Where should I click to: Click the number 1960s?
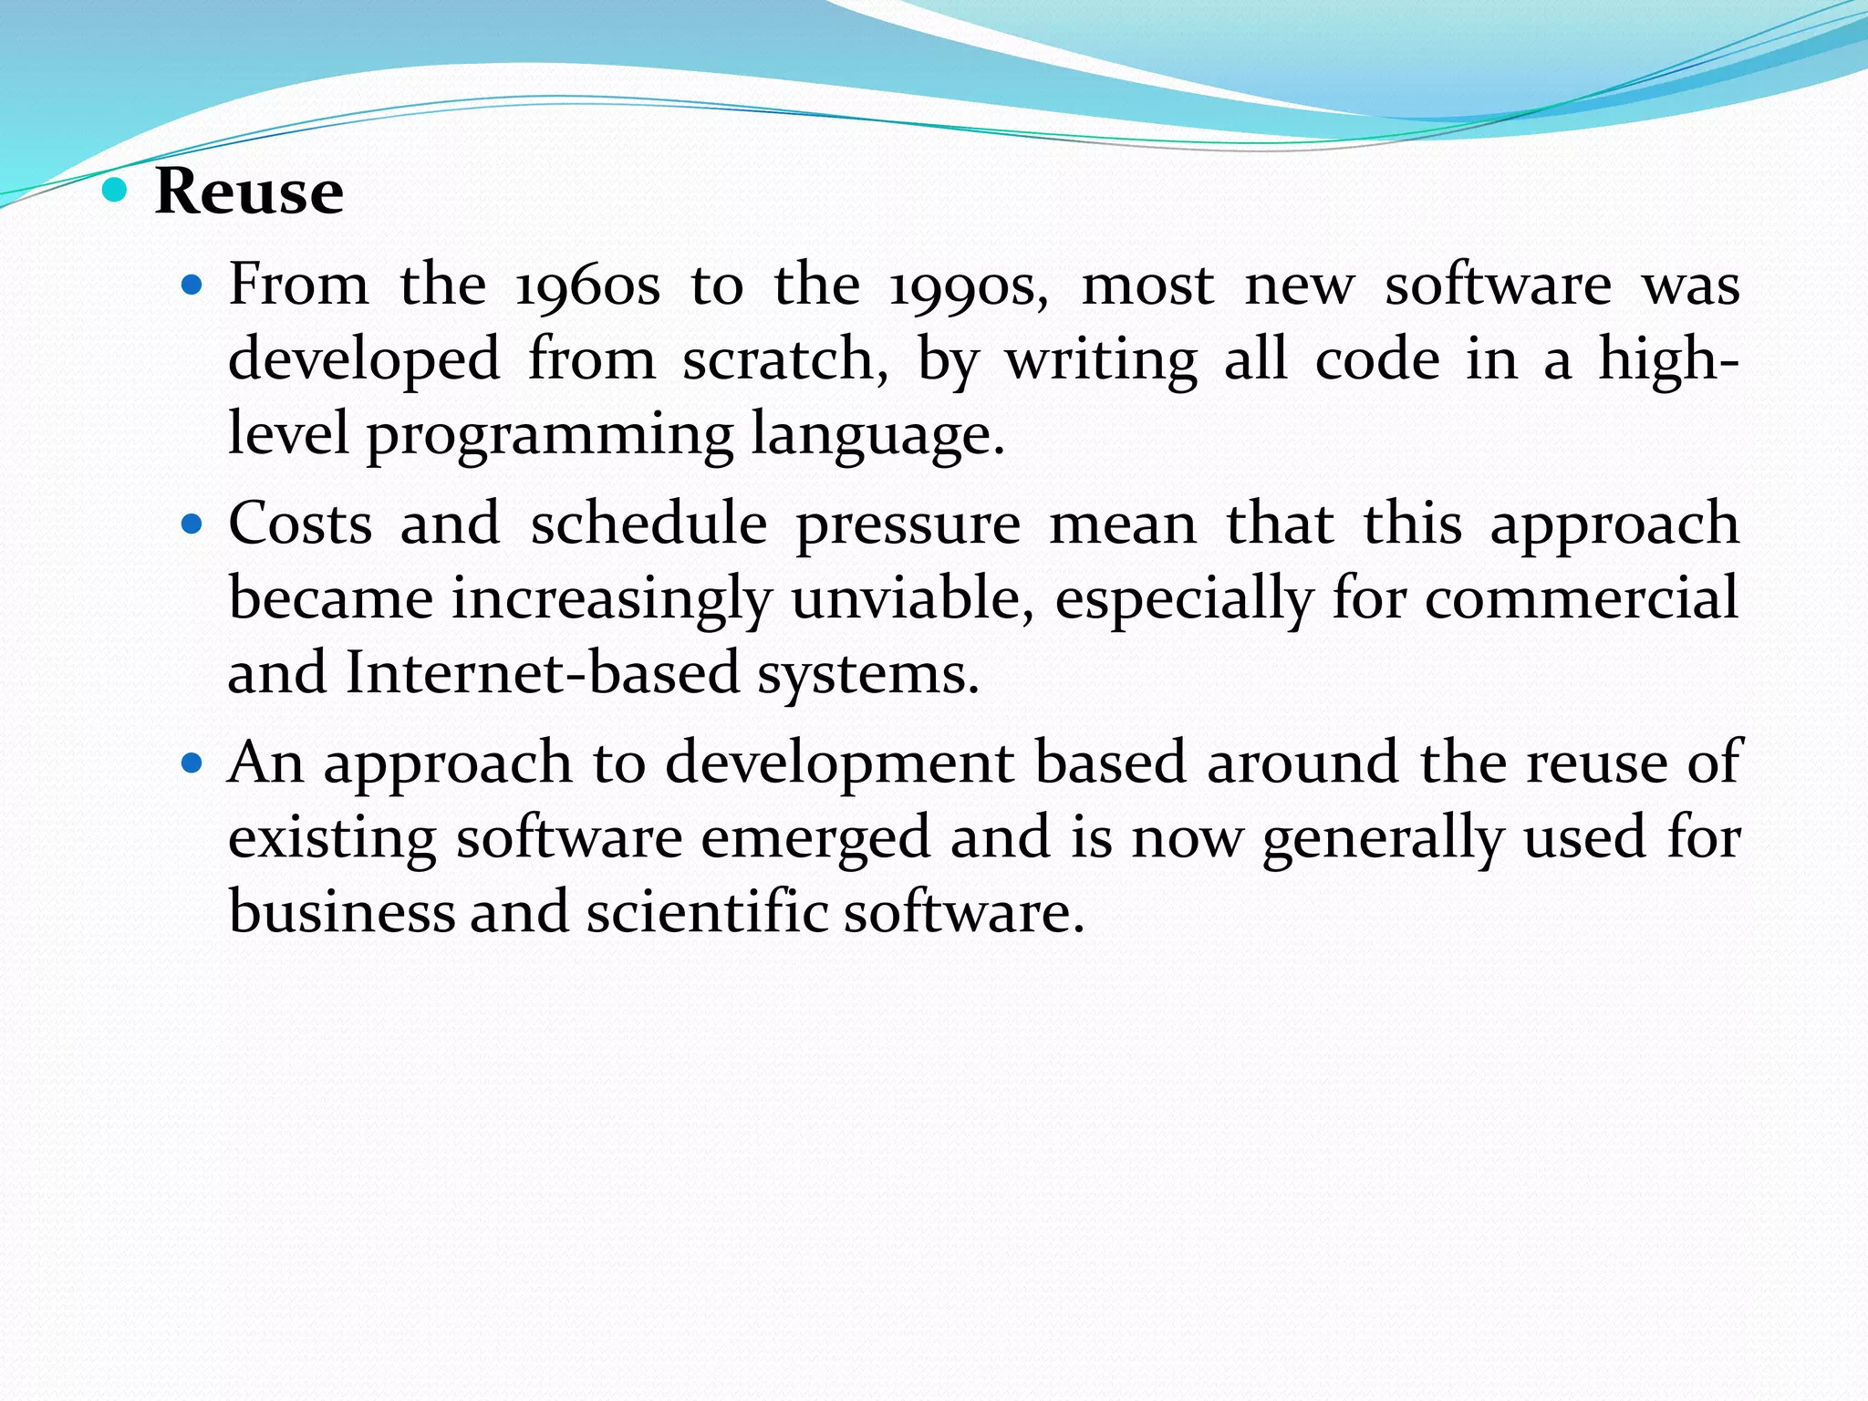pyautogui.click(x=587, y=285)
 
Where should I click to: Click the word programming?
pyautogui.click(x=549, y=435)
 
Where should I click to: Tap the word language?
pyautogui.click(x=877, y=435)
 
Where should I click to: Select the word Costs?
pyautogui.click(x=300, y=524)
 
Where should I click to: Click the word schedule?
pyautogui.click(x=649, y=524)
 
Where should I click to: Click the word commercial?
pyautogui.click(x=1581, y=599)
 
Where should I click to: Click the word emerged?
pyautogui.click(x=815, y=839)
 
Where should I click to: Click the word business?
pyautogui.click(x=341, y=912)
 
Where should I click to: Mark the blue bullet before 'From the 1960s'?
pyautogui.click(x=191, y=285)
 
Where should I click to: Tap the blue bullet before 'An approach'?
pyautogui.click(x=191, y=763)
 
